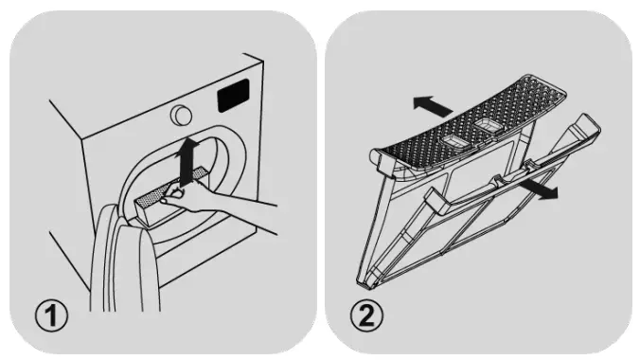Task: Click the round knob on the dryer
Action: (x=177, y=114)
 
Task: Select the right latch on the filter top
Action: (x=490, y=124)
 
